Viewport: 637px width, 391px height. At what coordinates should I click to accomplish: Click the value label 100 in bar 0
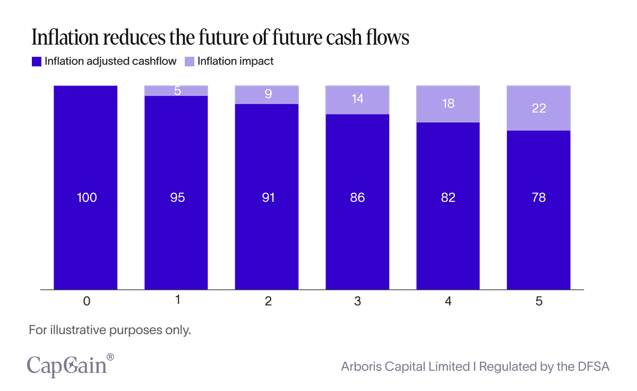[87, 198]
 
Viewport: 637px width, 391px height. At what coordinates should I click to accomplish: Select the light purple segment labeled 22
[539, 108]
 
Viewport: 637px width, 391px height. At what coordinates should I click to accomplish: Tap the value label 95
[177, 198]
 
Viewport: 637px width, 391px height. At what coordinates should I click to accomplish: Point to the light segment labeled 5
[177, 91]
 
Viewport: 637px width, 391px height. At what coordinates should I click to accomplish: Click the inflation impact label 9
[268, 95]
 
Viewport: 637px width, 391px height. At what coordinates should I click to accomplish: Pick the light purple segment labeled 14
[358, 99]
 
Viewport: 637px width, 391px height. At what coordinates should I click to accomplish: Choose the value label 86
[358, 198]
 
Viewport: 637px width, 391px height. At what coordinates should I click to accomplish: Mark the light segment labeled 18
[449, 104]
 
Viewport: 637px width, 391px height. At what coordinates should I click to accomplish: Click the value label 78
[539, 198]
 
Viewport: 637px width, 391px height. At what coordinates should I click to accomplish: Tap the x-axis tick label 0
[87, 301]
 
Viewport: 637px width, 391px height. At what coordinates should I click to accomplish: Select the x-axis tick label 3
[358, 301]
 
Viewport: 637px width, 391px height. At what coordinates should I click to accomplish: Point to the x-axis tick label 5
[539, 301]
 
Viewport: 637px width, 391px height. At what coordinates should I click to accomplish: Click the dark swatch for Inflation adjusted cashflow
[37, 62]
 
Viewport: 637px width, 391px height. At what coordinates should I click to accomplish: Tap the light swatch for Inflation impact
[190, 62]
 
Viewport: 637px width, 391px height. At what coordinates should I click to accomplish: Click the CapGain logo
[67, 367]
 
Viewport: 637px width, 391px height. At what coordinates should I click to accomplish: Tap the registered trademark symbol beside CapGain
[110, 357]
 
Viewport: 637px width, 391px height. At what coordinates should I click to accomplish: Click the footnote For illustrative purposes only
[109, 330]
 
